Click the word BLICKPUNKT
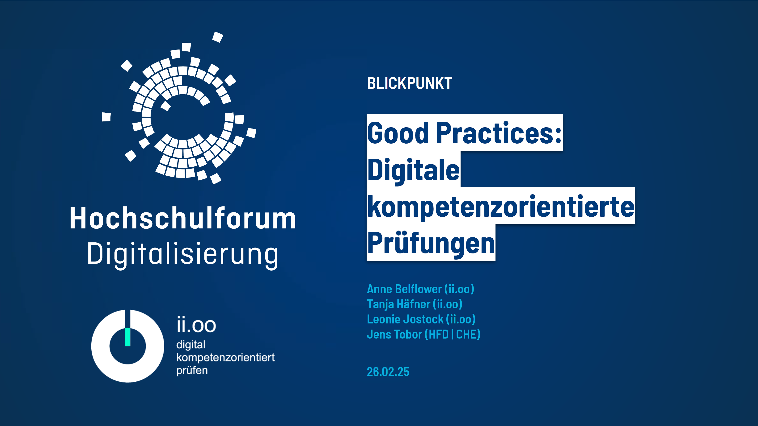coord(409,83)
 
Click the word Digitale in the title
coord(413,170)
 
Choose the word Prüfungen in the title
coord(431,243)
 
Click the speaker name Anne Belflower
coord(404,289)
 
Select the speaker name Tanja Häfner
coord(398,304)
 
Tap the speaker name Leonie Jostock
coord(405,319)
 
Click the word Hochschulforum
coord(183,218)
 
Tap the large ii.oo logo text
coord(196,325)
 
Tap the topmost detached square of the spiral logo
coord(218,37)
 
